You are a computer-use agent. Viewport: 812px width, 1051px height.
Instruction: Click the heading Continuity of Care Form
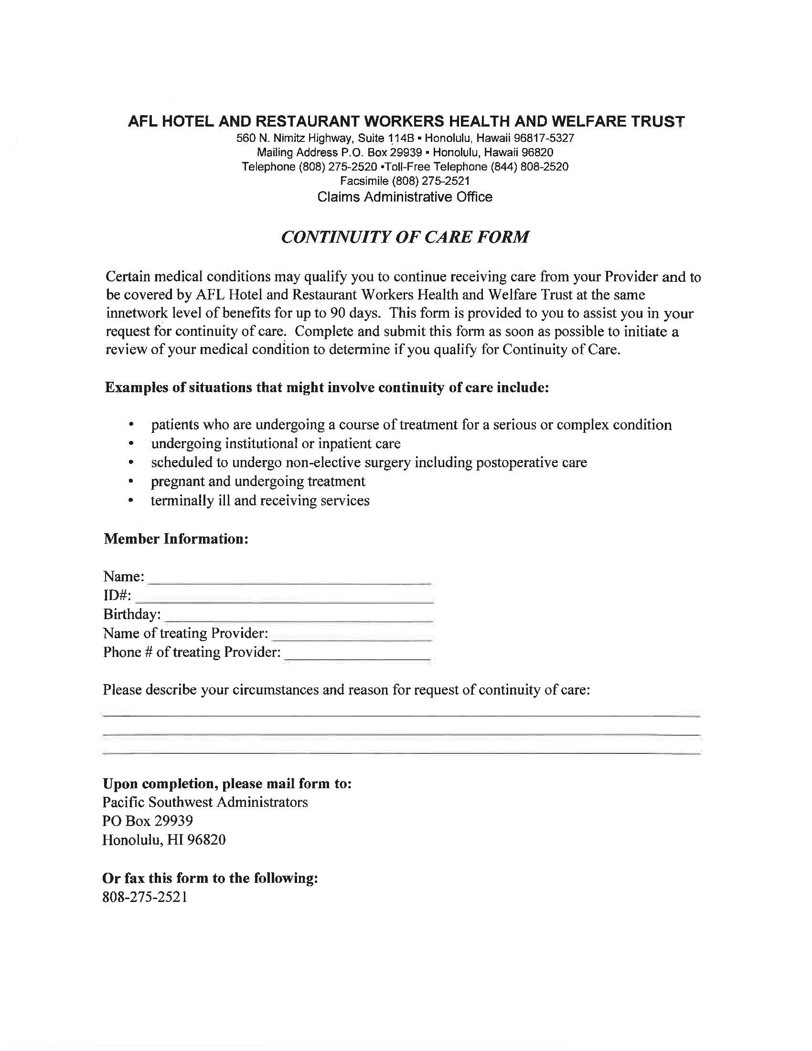(x=405, y=237)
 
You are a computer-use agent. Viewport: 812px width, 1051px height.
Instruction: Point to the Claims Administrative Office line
(x=405, y=197)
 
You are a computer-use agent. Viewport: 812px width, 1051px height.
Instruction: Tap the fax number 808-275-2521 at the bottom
(x=144, y=897)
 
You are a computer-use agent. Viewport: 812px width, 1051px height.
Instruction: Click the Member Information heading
(x=176, y=538)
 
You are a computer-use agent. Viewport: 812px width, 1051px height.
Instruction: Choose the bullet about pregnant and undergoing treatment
(x=258, y=481)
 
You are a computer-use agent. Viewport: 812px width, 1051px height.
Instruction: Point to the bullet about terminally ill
(x=260, y=501)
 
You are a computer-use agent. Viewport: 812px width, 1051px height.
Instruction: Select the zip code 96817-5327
(x=544, y=139)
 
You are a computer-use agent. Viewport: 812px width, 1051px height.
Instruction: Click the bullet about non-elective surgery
(x=368, y=462)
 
